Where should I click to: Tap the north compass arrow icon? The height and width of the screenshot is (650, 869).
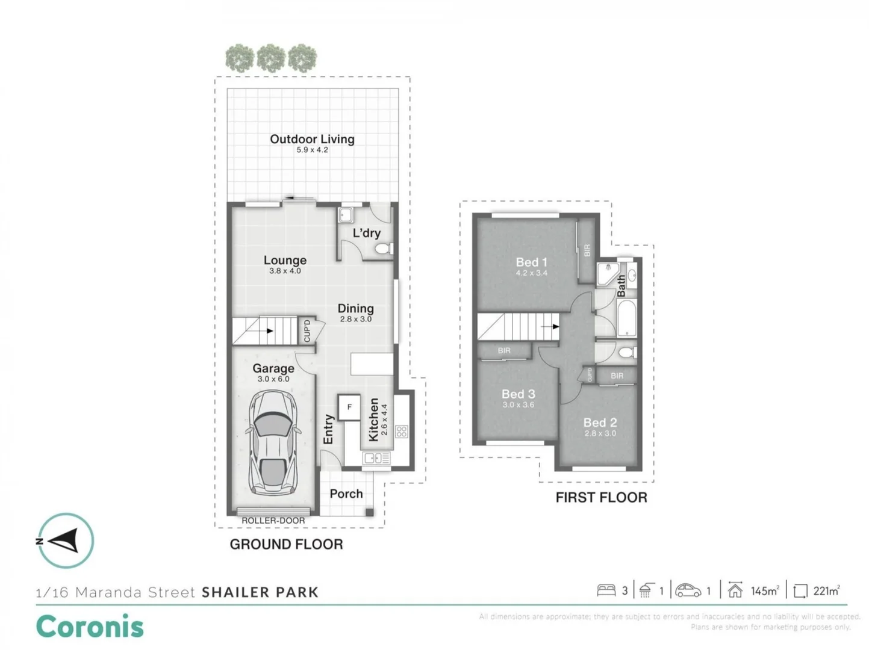coord(65,540)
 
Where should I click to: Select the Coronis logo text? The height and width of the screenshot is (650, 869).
coord(90,627)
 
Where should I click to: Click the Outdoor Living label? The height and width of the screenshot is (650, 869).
coord(312,139)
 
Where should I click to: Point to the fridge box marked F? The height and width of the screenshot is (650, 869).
coord(349,407)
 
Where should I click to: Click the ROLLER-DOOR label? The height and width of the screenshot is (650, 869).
coord(273,521)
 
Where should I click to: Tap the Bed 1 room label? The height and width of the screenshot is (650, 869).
coord(531,262)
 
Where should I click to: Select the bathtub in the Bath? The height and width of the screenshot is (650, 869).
coord(627,318)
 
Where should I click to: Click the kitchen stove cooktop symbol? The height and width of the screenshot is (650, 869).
coord(402,431)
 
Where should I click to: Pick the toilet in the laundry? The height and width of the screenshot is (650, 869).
coord(384,249)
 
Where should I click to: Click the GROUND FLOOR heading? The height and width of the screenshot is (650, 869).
coord(286,544)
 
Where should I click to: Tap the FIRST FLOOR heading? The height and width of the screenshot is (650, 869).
coord(601,498)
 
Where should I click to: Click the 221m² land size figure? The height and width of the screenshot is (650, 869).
coord(826,591)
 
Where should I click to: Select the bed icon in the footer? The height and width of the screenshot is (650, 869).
coord(606,590)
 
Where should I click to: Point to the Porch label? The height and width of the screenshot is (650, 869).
coord(346,494)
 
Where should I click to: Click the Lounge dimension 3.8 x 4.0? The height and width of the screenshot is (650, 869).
coord(285,271)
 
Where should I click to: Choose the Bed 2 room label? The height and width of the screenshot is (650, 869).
coord(600,422)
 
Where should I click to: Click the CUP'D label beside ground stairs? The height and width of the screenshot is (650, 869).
coord(307,331)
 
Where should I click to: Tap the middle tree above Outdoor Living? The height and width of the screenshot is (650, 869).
coord(271,59)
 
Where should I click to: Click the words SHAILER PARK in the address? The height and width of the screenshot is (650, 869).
coord(260,592)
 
